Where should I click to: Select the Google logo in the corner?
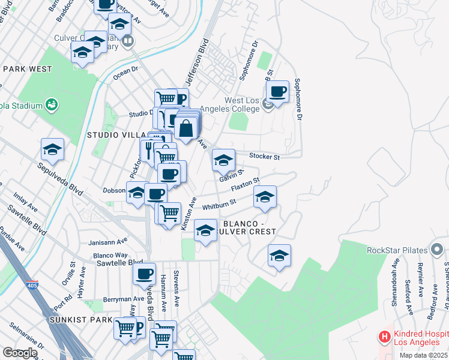(19, 353)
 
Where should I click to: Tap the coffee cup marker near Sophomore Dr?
(277, 92)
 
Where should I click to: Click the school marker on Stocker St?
(223, 160)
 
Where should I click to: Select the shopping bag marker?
(187, 127)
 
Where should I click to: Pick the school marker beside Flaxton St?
(265, 197)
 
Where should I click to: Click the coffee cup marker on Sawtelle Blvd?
(144, 274)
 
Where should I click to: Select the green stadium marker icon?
(52, 105)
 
